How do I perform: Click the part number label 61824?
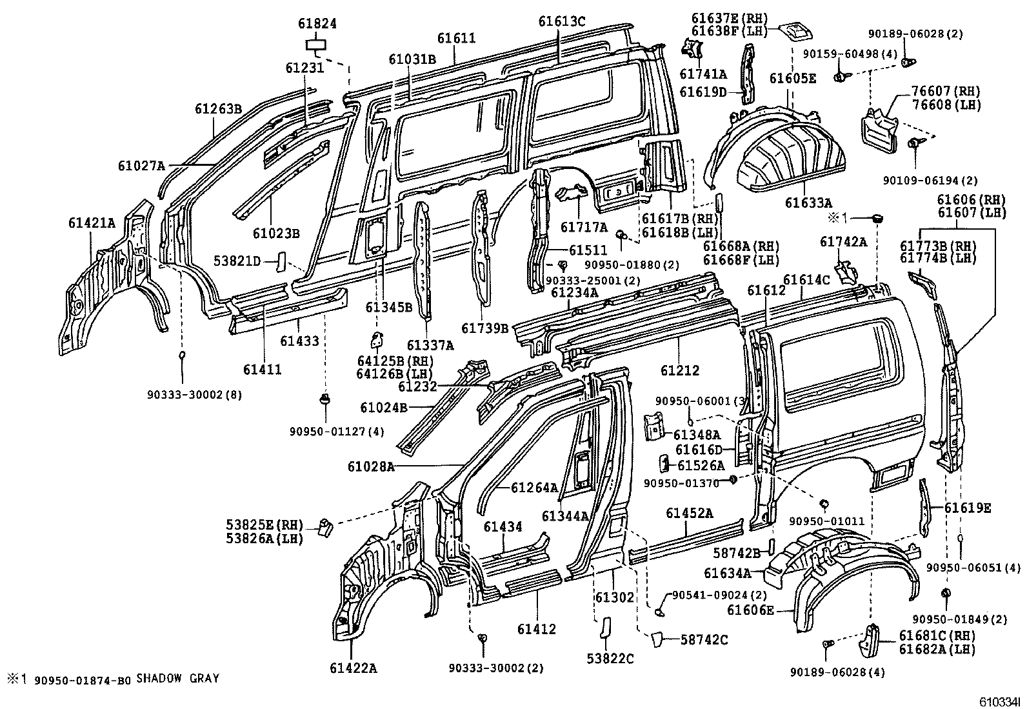pyautogui.click(x=317, y=24)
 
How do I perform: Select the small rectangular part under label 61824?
pyautogui.click(x=315, y=45)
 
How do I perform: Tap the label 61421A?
pyautogui.click(x=91, y=223)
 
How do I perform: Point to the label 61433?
pyautogui.click(x=299, y=341)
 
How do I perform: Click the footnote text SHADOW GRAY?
pyautogui.click(x=177, y=679)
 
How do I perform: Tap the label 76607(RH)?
pyautogui.click(x=946, y=91)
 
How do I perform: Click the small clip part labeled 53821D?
pyautogui.click(x=281, y=262)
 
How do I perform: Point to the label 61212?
pyautogui.click(x=680, y=370)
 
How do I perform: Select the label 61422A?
pyautogui.click(x=355, y=668)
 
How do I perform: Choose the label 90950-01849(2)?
pyautogui.click(x=959, y=619)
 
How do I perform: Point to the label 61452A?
pyautogui.click(x=689, y=514)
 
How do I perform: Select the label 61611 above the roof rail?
pyautogui.click(x=456, y=38)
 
